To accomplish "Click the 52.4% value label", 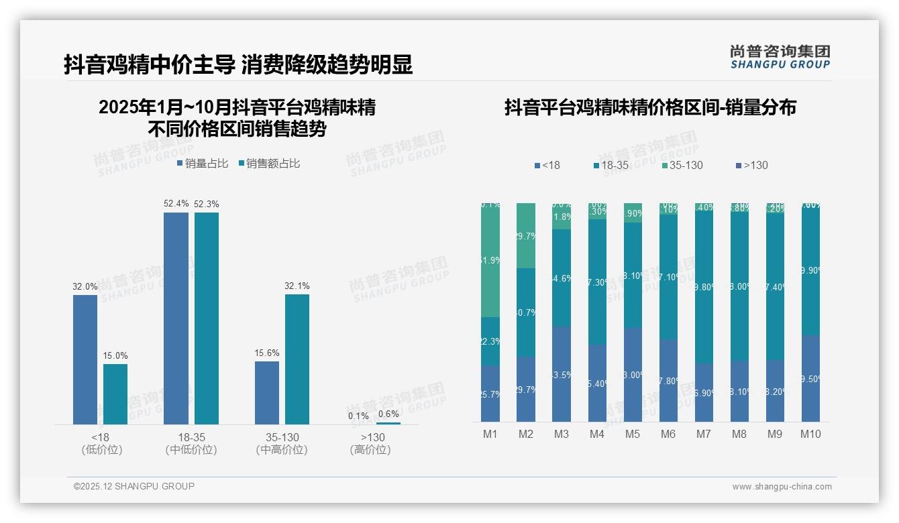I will point(176,204).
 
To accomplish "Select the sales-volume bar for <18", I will point(85,359).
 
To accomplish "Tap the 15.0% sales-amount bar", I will point(115,394).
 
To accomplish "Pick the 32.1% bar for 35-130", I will point(297,359).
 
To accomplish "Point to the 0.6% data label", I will point(388,414).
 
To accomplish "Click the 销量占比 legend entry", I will point(203,164).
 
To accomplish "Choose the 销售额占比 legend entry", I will point(269,164).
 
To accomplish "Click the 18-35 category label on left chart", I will point(191,437).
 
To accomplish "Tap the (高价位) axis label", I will point(370,450).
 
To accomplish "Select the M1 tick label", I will point(490,434).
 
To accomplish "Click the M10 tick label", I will point(810,434).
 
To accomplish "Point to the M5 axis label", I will point(633,434).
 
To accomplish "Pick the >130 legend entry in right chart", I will point(752,165).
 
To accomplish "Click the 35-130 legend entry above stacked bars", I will point(682,165).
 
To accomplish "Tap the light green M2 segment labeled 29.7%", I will point(526,235).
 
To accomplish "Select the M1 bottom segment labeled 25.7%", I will point(490,394).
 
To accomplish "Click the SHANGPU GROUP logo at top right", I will point(780,57).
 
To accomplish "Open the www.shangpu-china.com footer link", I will point(782,487).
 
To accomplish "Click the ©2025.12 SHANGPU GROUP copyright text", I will point(134,486).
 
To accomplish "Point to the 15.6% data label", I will point(267,353).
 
